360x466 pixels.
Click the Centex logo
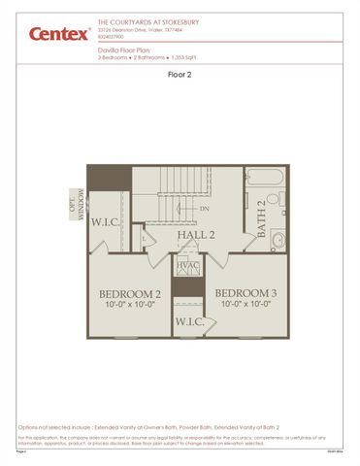(58, 36)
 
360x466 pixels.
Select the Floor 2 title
(180, 74)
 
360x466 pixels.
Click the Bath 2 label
(261, 225)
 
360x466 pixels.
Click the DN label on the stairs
(205, 210)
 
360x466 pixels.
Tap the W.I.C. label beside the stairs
(106, 221)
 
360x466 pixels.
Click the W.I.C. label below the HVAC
(188, 321)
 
